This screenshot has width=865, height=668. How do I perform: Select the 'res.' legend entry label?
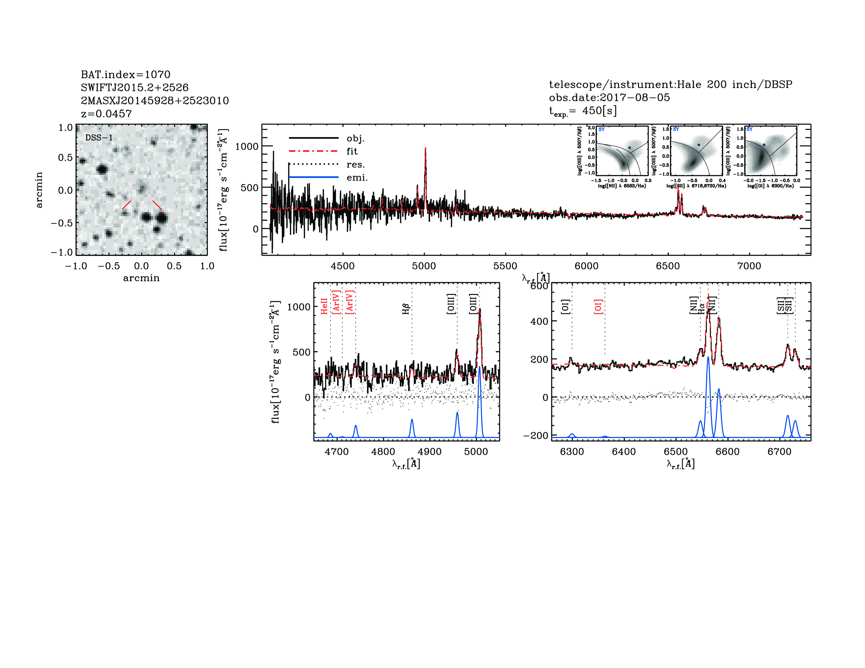coord(355,164)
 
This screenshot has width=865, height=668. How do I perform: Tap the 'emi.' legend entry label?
coord(357,178)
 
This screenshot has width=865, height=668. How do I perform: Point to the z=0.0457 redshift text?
coord(106,114)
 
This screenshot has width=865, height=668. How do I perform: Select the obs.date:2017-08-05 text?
coord(609,97)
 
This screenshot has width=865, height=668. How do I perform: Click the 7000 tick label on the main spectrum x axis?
coord(749,266)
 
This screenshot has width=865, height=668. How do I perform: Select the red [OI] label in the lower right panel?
coord(598,307)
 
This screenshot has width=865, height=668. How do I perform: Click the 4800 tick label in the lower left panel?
coord(383,452)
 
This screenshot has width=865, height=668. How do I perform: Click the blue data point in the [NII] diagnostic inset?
coord(629,147)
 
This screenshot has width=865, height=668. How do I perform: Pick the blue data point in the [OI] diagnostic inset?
coord(764,145)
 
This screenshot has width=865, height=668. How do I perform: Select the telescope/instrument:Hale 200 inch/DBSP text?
coord(670,84)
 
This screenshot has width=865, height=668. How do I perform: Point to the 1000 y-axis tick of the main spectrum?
coord(247,146)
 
